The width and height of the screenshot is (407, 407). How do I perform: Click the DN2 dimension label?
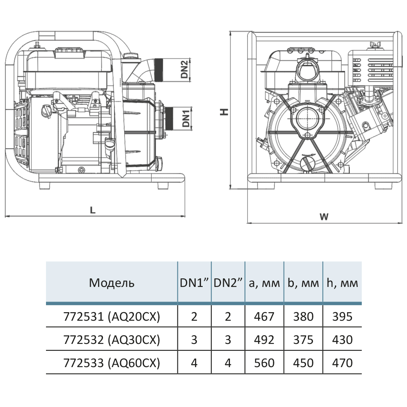click(184, 69)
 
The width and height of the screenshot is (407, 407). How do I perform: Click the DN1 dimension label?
click(186, 117)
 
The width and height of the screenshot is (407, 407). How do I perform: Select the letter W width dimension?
click(324, 217)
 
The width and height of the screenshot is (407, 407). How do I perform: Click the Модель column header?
click(112, 283)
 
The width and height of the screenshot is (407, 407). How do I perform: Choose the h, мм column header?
click(342, 283)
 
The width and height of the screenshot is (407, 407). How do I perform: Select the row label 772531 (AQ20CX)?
click(112, 316)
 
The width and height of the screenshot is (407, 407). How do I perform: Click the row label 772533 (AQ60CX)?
click(112, 362)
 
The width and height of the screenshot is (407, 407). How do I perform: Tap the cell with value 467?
click(264, 316)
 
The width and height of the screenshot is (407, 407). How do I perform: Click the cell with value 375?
click(303, 339)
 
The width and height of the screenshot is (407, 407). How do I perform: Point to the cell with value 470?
click(342, 362)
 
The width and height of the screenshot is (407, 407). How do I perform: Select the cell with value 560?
click(264, 362)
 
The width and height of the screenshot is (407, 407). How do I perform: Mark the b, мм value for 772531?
click(303, 316)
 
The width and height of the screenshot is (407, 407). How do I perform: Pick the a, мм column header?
click(265, 283)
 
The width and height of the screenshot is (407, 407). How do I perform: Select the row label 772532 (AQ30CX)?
click(112, 339)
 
